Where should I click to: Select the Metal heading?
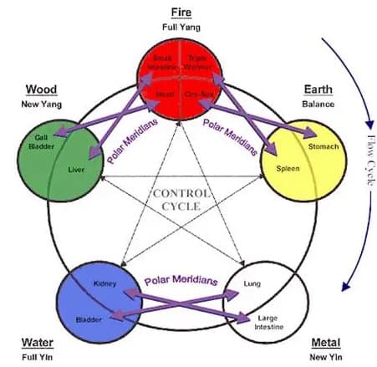(325, 343)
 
